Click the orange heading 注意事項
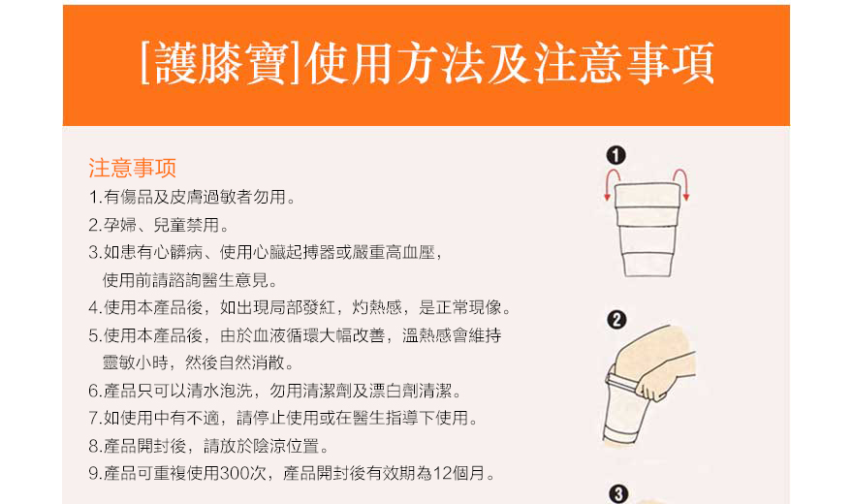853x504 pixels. [x=132, y=168]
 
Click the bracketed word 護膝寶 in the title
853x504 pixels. [x=220, y=64]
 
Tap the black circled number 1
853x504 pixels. [x=616, y=155]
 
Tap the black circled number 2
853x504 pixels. [x=616, y=320]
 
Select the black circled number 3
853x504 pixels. [x=618, y=494]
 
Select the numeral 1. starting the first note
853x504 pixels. [x=95, y=198]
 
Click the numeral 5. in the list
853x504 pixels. [x=95, y=335]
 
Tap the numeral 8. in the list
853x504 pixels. [x=95, y=447]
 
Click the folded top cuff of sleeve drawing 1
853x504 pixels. [x=648, y=196]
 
